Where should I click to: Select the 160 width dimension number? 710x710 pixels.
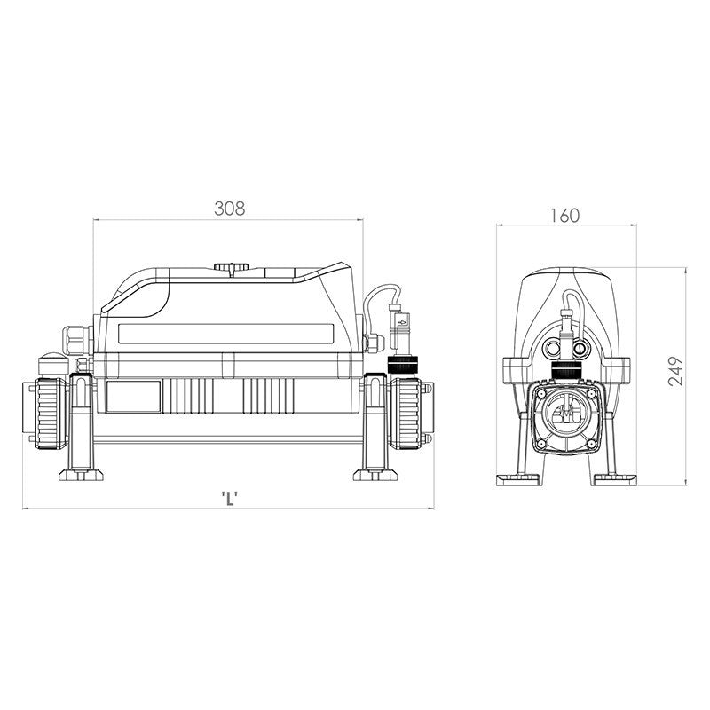[x=564, y=215]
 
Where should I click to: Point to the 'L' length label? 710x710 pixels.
[x=229, y=497]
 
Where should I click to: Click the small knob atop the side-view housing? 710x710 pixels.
[x=231, y=267]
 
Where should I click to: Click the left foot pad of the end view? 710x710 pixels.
[x=517, y=480]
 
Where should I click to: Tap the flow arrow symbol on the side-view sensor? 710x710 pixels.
[x=399, y=324]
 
